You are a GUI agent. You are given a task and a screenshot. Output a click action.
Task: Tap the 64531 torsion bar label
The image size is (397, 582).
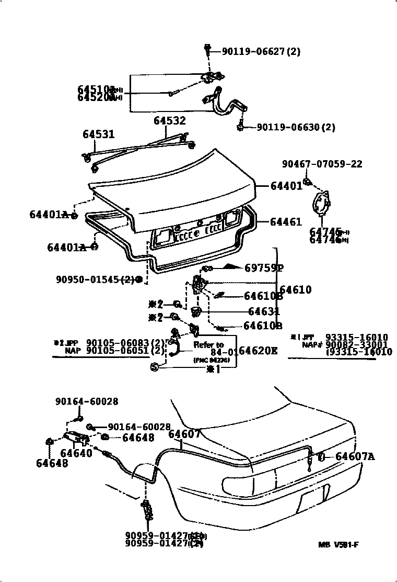coord(98,135)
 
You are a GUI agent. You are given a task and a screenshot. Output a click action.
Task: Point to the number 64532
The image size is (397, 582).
coord(169,121)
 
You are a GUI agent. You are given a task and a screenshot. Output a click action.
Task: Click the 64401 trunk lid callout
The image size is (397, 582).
coord(286,186)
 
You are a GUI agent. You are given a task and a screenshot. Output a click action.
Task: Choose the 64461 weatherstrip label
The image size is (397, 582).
coord(286,222)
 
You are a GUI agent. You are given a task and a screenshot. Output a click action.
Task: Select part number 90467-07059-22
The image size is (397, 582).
coord(322,164)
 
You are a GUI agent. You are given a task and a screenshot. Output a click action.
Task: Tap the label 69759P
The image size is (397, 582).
coord(264,268)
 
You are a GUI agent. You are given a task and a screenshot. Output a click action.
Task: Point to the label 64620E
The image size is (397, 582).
coord(258,350)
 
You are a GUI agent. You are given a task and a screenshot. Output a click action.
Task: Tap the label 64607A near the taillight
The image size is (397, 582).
coord(355,457)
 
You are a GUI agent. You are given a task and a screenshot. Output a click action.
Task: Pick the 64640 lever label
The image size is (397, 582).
coord(76,453)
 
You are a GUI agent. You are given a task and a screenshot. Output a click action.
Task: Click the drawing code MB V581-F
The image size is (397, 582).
coord(338,545)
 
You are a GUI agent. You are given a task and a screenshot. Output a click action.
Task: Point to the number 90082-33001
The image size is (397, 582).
coord(356,345)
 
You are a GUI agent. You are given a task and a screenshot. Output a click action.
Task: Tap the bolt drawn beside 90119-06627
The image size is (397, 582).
coord(207,50)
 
